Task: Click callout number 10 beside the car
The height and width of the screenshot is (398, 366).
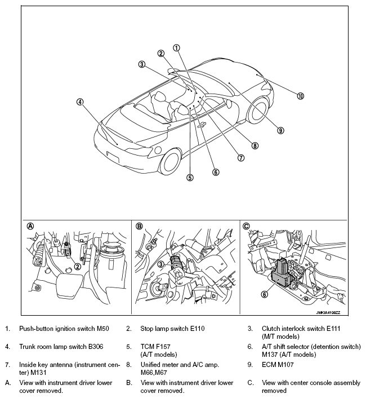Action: click(x=301, y=96)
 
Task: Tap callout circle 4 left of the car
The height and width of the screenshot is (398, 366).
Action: click(x=80, y=102)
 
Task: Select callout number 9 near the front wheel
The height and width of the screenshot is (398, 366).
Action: click(x=280, y=130)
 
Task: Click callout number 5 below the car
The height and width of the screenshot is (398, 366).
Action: click(x=190, y=177)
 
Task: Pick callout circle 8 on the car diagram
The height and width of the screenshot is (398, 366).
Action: click(x=255, y=145)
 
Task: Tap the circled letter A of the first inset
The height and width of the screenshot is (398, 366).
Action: click(x=30, y=226)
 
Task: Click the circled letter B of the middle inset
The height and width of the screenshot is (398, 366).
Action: click(x=139, y=226)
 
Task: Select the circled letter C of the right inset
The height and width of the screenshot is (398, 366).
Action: click(x=246, y=226)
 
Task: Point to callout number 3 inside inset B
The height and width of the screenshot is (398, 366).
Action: click(x=160, y=264)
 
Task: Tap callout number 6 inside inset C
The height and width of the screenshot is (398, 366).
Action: click(x=264, y=293)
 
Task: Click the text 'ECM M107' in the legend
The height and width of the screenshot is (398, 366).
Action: click(x=278, y=364)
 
